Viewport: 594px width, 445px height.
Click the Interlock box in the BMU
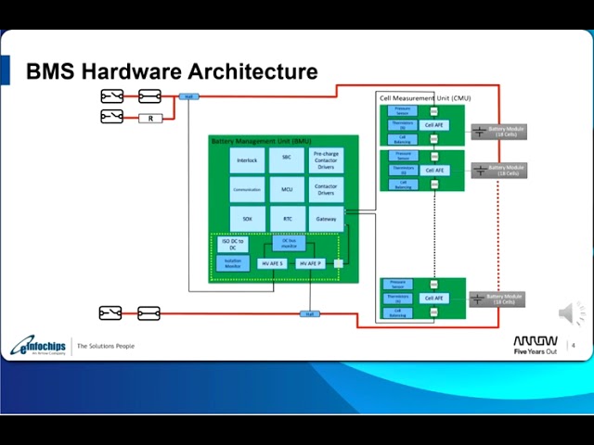[x=247, y=160]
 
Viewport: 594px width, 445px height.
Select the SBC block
[x=287, y=160]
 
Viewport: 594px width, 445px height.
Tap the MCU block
[x=287, y=189]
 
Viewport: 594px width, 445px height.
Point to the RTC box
[x=287, y=219]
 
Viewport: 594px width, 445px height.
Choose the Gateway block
[x=326, y=219]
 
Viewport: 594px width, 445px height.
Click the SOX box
[x=247, y=219]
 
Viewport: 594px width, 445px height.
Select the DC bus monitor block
[x=288, y=243]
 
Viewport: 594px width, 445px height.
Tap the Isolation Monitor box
[x=233, y=263]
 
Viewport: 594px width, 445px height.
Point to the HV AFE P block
[x=310, y=264]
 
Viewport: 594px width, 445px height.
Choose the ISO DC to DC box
[x=233, y=244]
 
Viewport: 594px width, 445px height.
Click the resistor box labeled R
[x=149, y=118]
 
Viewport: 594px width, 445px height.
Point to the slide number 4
[x=573, y=346]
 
